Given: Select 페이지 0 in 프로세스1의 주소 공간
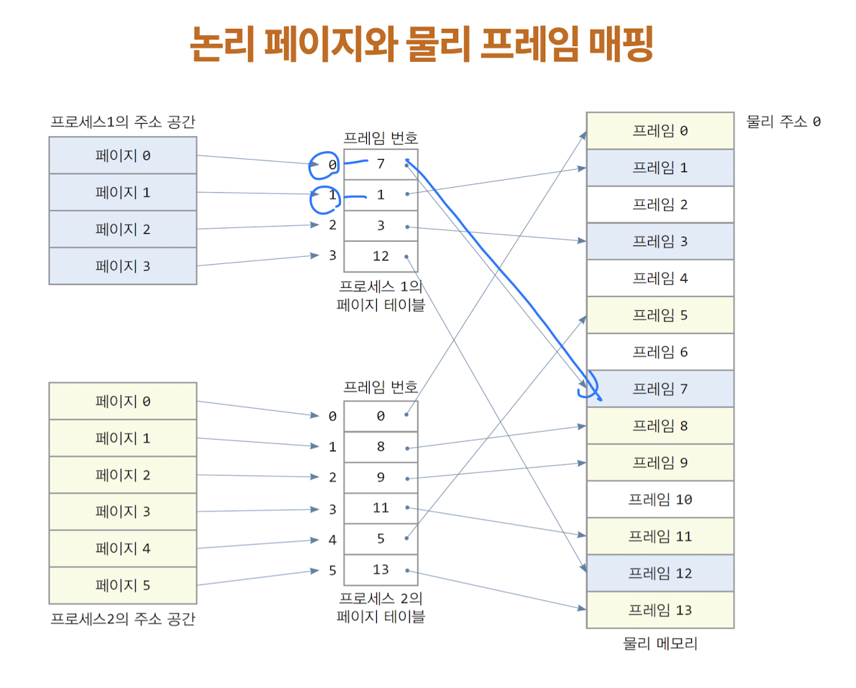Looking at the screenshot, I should pyautogui.click(x=122, y=155).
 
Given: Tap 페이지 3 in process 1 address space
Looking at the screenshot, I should pyautogui.click(x=122, y=266).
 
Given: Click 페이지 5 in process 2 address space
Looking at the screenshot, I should pyautogui.click(x=122, y=585).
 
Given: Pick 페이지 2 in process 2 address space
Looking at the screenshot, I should pyautogui.click(x=122, y=475).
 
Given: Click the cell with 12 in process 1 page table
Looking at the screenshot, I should pyautogui.click(x=381, y=256).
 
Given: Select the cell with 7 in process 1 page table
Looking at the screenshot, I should pyautogui.click(x=381, y=164).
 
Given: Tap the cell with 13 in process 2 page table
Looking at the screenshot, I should pyautogui.click(x=381, y=569).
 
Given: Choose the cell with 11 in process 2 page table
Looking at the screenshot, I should pyautogui.click(x=381, y=508).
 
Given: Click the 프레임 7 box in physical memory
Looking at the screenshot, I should pyautogui.click(x=660, y=389).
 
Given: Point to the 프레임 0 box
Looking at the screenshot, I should pyautogui.click(x=660, y=131).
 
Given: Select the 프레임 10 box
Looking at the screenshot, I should pyautogui.click(x=660, y=499).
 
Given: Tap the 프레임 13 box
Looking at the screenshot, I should pyautogui.click(x=660, y=610).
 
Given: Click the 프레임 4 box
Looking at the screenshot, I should pyautogui.click(x=660, y=278).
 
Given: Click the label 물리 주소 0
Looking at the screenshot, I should pyautogui.click(x=783, y=122).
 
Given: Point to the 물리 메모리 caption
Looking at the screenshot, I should pyautogui.click(x=660, y=644).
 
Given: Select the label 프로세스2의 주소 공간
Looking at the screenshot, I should pyautogui.click(x=122, y=619).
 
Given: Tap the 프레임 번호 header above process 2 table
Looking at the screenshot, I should pyautogui.click(x=381, y=387).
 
